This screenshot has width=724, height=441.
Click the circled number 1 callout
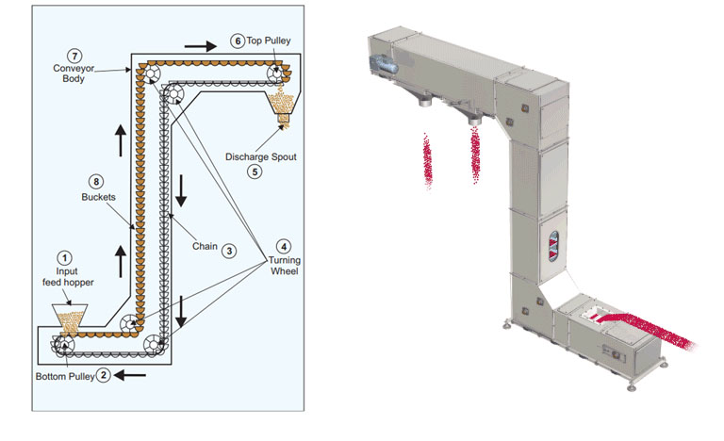(x=64, y=255)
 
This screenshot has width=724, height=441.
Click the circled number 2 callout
(x=105, y=374)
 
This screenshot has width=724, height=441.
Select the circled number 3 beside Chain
(x=228, y=251)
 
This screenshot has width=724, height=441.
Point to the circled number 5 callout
(x=253, y=171)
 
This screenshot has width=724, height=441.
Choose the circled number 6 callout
(x=238, y=41)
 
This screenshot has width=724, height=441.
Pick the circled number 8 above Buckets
(x=94, y=180)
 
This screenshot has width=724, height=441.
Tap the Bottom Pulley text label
(x=65, y=375)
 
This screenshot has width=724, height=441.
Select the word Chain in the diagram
(x=204, y=250)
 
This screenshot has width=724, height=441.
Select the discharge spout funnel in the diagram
(x=280, y=105)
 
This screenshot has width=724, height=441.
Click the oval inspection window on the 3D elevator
(x=553, y=242)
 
